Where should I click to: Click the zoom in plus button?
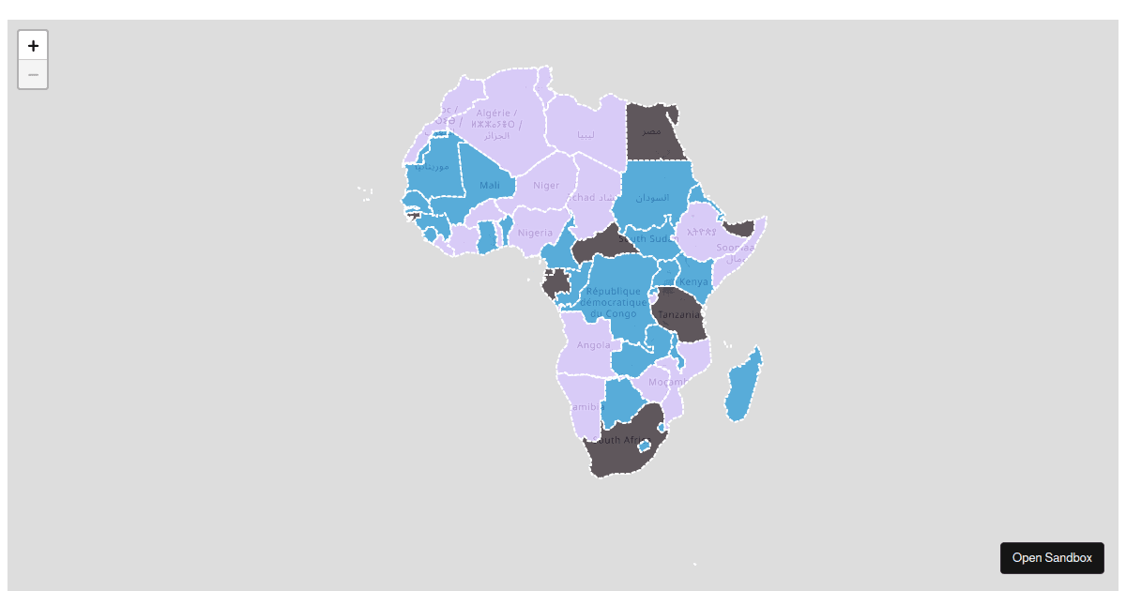point(33,45)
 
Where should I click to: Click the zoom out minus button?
point(33,74)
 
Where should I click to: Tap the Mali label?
point(490,186)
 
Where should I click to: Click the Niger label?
point(546,186)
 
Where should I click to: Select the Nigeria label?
point(536,233)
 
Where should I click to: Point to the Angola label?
point(594,345)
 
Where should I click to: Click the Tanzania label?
point(678,315)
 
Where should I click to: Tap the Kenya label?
point(695,282)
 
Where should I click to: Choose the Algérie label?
point(496,114)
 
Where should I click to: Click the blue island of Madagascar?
point(743,386)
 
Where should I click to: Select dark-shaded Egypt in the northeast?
point(651,130)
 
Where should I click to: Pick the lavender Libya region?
point(586,131)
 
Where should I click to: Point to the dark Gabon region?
point(556,282)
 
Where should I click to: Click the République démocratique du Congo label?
point(614,302)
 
